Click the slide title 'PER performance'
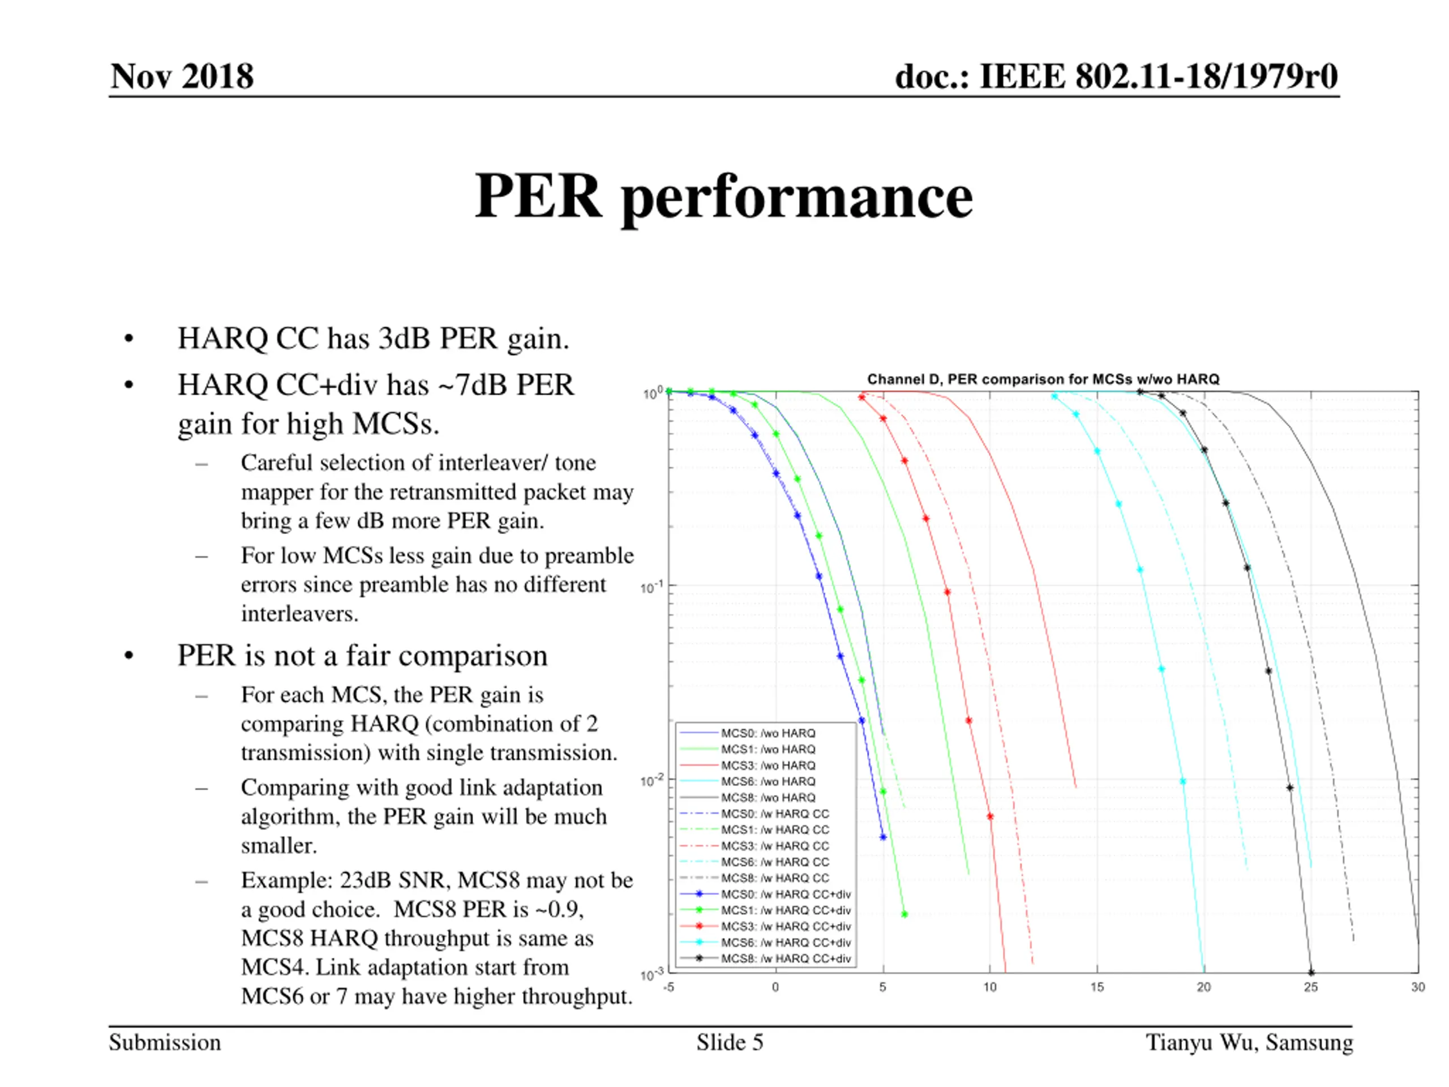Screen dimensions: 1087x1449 (723, 196)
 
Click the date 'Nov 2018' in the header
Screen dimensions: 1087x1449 (182, 76)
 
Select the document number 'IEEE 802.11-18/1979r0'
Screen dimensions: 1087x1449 (1158, 76)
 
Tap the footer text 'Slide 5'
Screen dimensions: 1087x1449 (730, 1042)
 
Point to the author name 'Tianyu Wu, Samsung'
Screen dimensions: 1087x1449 (1249, 1042)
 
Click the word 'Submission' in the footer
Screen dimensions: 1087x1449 (164, 1042)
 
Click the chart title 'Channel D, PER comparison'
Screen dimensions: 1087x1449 (1043, 379)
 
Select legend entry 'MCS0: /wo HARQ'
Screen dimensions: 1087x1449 (768, 733)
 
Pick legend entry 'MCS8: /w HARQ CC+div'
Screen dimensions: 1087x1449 (786, 958)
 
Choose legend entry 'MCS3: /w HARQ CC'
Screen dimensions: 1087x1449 (775, 846)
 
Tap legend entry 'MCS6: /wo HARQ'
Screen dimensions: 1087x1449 (768, 782)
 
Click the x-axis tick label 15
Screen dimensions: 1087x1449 (1096, 987)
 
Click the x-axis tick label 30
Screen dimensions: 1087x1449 (1417, 987)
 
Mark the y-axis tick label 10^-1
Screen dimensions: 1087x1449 (652, 587)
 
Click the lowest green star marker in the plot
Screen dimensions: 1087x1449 (904, 914)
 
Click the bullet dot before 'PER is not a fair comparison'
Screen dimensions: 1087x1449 (129, 655)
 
